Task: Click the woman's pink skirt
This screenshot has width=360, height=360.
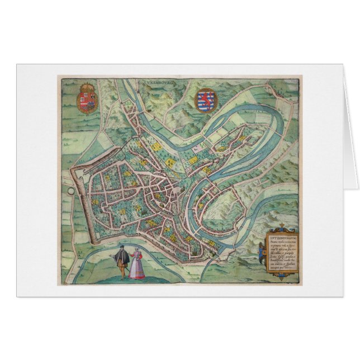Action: pos(134,271)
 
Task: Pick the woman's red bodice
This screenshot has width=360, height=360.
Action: pos(134,259)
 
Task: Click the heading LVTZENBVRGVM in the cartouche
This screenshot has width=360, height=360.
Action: pos(283,229)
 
